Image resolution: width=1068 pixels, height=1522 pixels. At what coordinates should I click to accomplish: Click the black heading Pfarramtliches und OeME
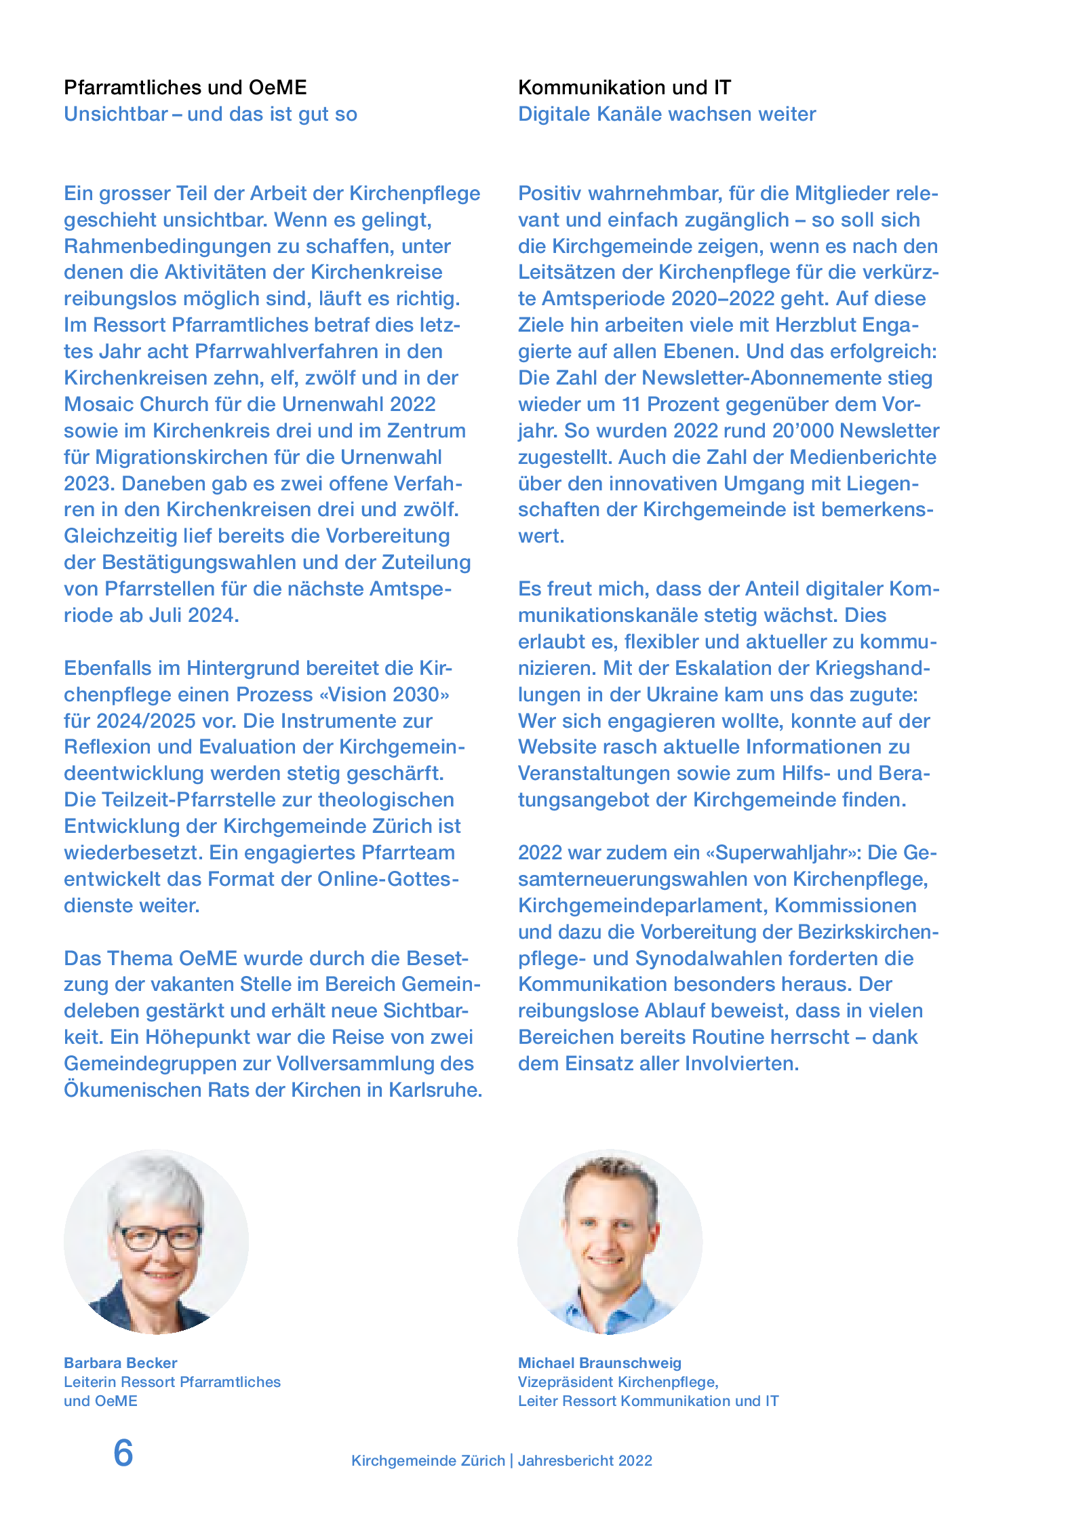pyautogui.click(x=185, y=87)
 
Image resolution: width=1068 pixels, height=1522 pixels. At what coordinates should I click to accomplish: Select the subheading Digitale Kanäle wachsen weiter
pyautogui.click(x=667, y=114)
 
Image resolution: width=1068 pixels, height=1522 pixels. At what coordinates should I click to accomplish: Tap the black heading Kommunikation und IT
pyautogui.click(x=624, y=87)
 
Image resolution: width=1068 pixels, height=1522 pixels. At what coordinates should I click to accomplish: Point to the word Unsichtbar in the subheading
pyautogui.click(x=116, y=114)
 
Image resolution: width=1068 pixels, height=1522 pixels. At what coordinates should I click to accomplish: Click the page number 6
pyautogui.click(x=123, y=1453)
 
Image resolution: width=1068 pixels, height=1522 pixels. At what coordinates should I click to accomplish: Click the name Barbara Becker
pyautogui.click(x=120, y=1363)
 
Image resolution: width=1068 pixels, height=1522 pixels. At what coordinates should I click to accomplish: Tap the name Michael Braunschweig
pyautogui.click(x=599, y=1363)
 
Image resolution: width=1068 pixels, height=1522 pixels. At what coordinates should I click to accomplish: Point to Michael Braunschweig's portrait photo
pyautogui.click(x=610, y=1241)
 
